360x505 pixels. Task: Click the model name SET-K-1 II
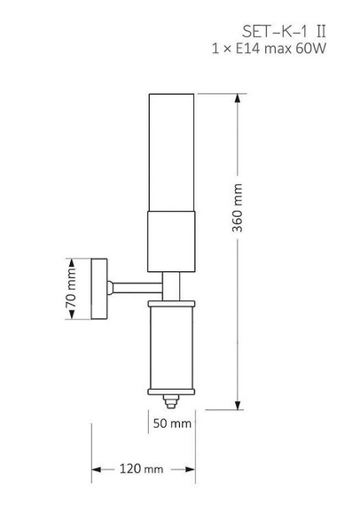(284, 32)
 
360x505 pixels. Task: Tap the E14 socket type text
(247, 49)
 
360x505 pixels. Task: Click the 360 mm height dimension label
(238, 207)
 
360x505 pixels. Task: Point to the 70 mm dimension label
(71, 288)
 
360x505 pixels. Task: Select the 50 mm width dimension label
(172, 423)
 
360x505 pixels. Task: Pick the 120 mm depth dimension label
(141, 469)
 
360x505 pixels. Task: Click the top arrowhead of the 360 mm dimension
(238, 98)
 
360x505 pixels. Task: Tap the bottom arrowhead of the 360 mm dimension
(238, 406)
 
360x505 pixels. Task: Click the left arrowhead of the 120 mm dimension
(96, 470)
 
